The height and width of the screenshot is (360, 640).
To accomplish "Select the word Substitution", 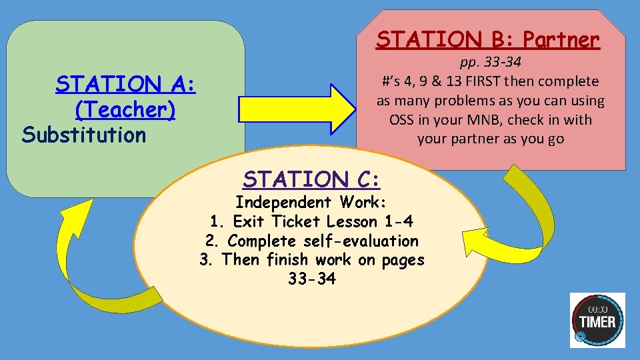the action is click(84, 135).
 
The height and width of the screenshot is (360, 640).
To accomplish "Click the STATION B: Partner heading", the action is click(487, 40).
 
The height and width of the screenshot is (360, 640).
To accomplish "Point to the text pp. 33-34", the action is click(491, 62).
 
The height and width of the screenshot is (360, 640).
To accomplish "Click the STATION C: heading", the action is click(311, 179).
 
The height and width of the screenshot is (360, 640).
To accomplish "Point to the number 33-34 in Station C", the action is click(311, 279).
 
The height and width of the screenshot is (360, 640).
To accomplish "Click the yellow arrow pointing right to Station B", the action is click(299, 109).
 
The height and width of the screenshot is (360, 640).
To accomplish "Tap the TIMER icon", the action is click(597, 320).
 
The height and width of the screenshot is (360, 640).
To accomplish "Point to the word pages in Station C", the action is click(403, 260).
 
